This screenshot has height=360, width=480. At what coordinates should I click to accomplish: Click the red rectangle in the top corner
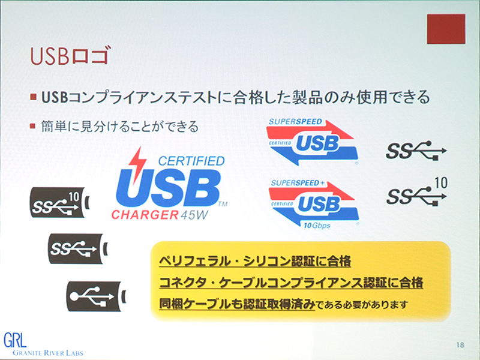coord(446,28)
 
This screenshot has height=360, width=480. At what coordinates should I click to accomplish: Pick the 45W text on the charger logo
coord(193,214)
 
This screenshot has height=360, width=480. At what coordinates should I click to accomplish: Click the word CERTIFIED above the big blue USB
coord(190,161)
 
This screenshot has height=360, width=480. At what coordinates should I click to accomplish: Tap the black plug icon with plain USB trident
coord(96,295)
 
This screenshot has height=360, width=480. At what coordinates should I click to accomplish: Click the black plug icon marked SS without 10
coord(78,248)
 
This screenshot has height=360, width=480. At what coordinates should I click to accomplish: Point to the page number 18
coord(460,344)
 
